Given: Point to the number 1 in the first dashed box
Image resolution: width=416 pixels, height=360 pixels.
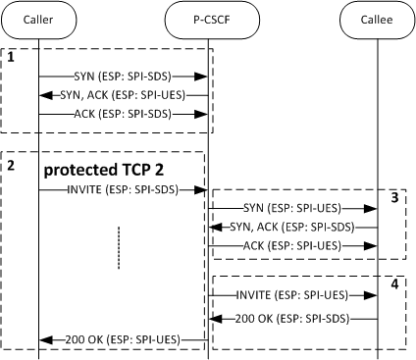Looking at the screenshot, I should click(x=11, y=58).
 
